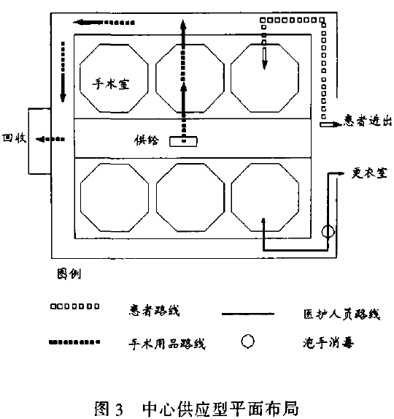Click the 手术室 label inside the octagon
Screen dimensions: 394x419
[111, 84]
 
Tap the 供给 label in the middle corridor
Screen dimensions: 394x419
[147, 140]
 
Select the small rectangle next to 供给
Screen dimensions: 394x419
[183, 141]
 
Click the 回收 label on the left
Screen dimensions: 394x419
[15, 138]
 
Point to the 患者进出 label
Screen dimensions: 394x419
[368, 121]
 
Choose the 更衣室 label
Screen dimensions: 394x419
[369, 173]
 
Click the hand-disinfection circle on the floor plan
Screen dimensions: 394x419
[328, 231]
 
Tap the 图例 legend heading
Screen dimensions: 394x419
[69, 274]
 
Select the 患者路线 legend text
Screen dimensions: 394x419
[155, 310]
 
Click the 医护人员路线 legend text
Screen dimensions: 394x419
[342, 314]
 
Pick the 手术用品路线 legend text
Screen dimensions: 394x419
[167, 344]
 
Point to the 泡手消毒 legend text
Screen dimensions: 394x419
[328, 342]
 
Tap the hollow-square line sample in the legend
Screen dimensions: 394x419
[75, 306]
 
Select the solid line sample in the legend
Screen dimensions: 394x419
[248, 314]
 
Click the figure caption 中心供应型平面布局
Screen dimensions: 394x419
[221, 407]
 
